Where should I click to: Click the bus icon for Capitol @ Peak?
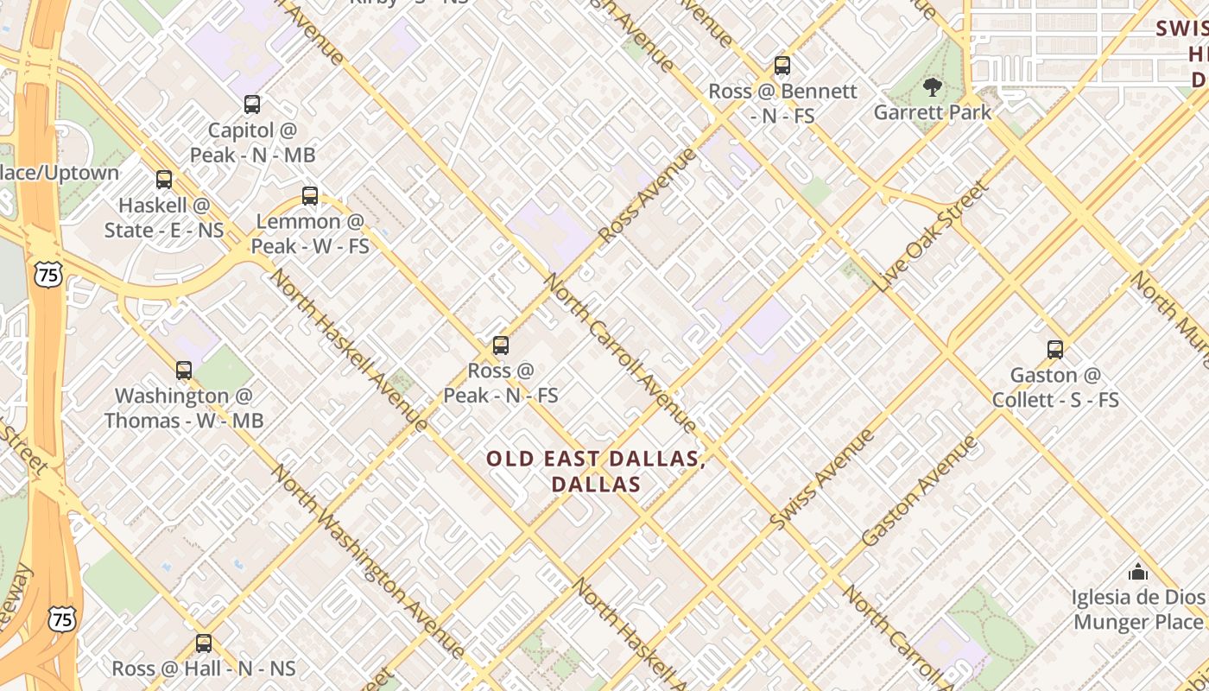[x=252, y=105]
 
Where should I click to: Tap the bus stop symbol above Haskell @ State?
[x=164, y=180]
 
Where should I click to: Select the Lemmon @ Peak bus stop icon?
[x=310, y=196]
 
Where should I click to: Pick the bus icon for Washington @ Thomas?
[x=184, y=371]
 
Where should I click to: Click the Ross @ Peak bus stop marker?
[x=501, y=346]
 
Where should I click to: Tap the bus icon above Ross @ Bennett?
[x=782, y=66]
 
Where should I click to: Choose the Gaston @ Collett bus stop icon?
[x=1055, y=350]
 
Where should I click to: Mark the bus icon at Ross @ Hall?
[x=204, y=643]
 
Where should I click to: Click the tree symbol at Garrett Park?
[x=932, y=86]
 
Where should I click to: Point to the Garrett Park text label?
[x=932, y=112]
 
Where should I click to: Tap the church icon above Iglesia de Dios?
[x=1138, y=572]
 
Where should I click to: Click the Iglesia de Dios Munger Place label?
[x=1138, y=609]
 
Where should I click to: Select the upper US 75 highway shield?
[x=48, y=275]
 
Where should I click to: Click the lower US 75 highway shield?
[x=61, y=618]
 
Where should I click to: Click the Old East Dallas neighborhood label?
[x=596, y=472]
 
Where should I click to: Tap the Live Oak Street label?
[x=931, y=236]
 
